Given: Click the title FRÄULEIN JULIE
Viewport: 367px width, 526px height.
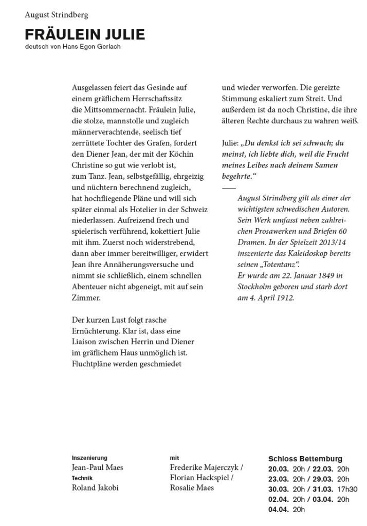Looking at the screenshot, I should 85,35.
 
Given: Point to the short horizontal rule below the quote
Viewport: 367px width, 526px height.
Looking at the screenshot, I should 228,189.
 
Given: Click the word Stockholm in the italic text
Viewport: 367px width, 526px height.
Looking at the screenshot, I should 255,287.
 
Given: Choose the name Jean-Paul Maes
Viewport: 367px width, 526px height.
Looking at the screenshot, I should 97,467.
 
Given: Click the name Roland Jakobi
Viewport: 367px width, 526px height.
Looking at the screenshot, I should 96,488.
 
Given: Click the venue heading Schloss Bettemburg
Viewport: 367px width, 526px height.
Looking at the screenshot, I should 305,459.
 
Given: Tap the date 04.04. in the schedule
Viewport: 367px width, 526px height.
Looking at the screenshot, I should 279,510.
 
